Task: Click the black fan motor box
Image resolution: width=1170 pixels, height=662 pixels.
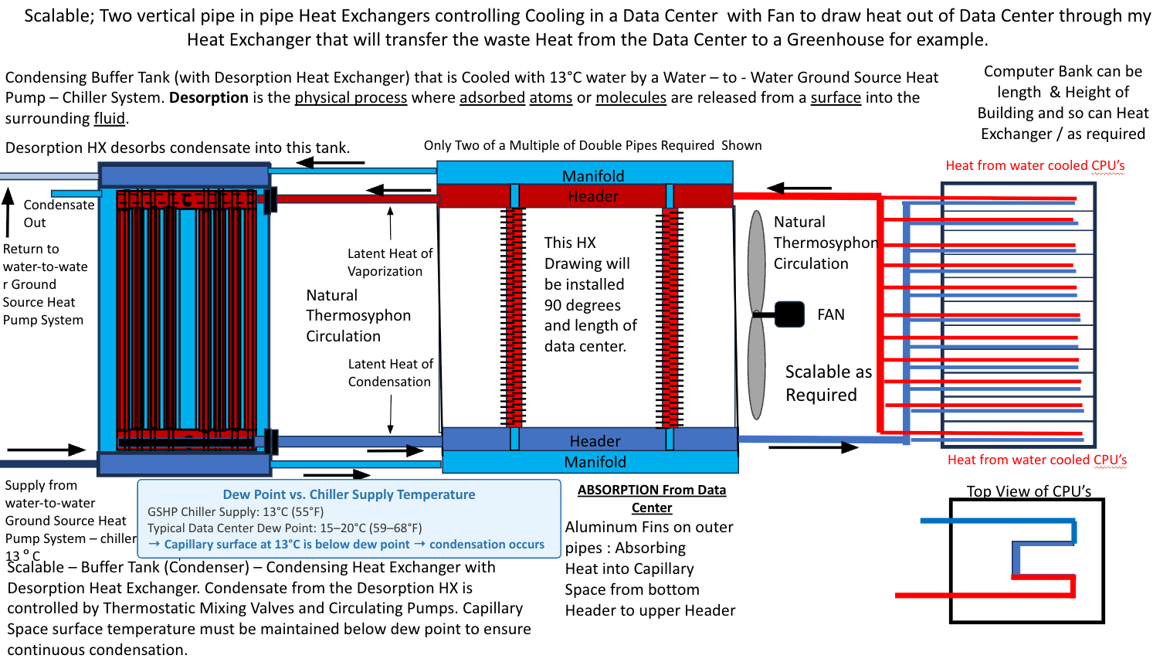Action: click(789, 314)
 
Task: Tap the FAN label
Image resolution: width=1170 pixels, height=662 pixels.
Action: click(830, 314)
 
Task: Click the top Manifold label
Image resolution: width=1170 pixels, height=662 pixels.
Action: click(593, 176)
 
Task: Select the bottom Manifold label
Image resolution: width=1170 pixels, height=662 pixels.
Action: click(595, 462)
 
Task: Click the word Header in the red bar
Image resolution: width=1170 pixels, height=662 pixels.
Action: click(593, 196)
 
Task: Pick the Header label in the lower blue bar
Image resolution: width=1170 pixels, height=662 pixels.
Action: click(595, 441)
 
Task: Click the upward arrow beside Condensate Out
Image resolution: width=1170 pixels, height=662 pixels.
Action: click(8, 212)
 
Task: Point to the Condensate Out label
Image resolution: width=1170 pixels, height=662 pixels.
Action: click(59, 214)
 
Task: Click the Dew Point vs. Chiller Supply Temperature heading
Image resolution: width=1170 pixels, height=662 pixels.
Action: click(349, 494)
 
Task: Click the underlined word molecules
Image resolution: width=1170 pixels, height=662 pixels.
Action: click(631, 97)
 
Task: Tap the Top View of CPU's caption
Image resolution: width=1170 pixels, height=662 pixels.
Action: click(1029, 491)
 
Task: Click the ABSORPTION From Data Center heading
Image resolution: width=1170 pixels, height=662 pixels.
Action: click(651, 498)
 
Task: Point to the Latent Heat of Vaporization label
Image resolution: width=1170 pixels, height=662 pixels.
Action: click(390, 263)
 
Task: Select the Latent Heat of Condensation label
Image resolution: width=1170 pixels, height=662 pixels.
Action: click(390, 372)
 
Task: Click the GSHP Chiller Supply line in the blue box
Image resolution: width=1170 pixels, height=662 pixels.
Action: click(235, 511)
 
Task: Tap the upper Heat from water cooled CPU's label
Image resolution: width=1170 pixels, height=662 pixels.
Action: click(1035, 165)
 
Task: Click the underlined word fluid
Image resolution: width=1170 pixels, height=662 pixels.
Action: click(109, 119)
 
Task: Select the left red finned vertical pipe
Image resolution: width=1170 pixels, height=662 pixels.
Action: click(514, 317)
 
